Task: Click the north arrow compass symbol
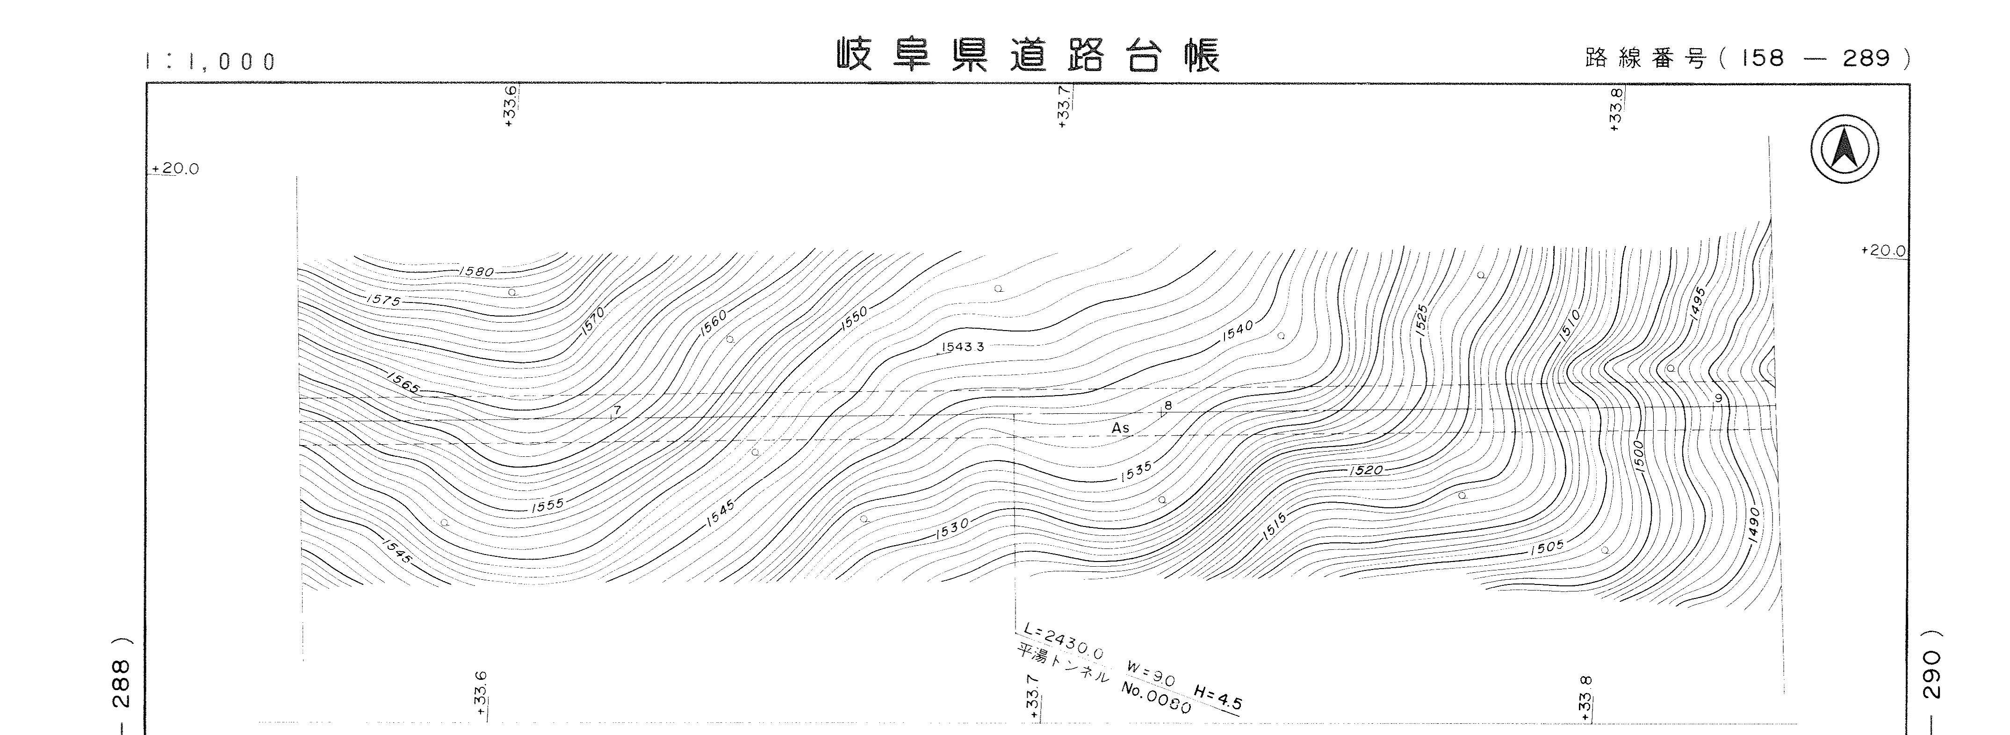click(1844, 149)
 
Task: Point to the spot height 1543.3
click(963, 346)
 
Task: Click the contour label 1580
click(477, 272)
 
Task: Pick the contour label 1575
click(382, 300)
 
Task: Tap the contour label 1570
click(593, 322)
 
